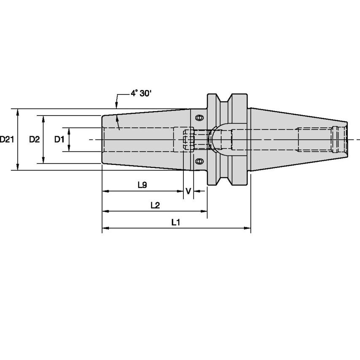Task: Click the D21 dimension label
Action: tap(7, 140)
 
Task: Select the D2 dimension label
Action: tap(34, 140)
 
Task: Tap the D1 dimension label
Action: tap(59, 140)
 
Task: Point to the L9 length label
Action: tap(142, 185)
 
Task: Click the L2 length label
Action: tap(155, 205)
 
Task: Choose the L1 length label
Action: tap(176, 223)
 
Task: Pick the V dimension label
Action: tap(188, 191)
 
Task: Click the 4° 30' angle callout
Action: tap(140, 94)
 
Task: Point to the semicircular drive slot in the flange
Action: tap(219, 139)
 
